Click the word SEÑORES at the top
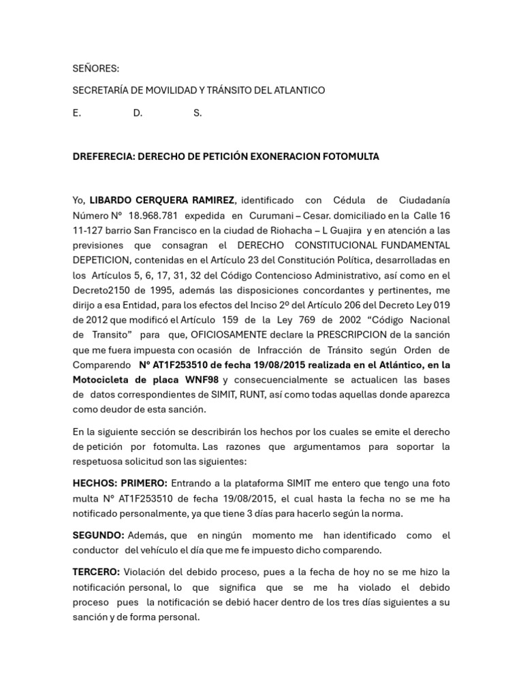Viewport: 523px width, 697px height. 96,68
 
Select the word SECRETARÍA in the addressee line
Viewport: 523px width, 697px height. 103,91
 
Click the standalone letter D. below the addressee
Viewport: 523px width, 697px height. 138,113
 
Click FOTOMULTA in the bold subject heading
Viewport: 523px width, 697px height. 351,157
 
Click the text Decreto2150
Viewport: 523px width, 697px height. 101,290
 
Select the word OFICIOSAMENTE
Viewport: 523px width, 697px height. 235,335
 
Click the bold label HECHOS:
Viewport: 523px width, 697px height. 95,483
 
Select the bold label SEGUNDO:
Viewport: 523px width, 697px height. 98,536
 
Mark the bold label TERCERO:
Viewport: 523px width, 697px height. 97,572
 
